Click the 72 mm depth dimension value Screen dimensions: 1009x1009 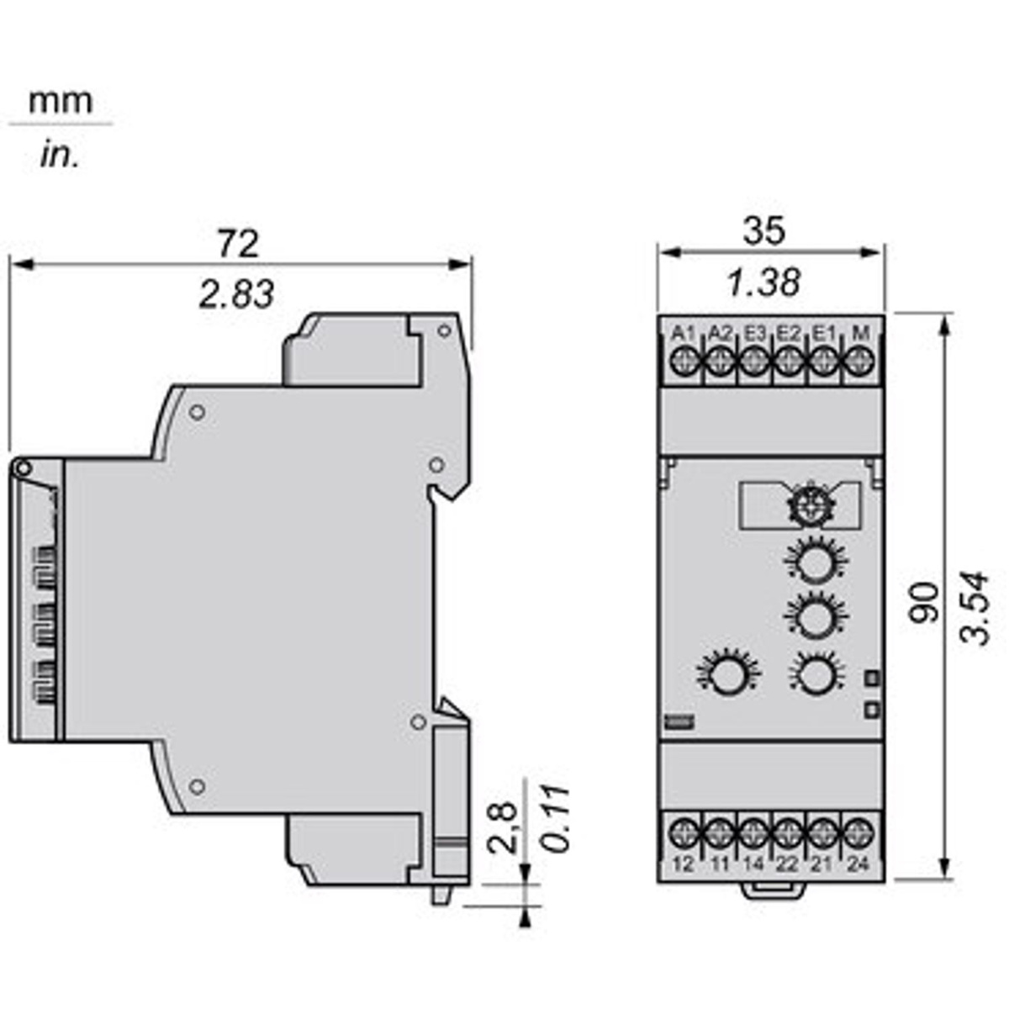click(239, 244)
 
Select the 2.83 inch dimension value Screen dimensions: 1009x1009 click(236, 293)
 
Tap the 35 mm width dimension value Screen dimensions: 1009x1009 click(764, 230)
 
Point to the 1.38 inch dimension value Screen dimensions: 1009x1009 click(764, 283)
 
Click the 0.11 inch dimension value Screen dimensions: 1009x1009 click(556, 818)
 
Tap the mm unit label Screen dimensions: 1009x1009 click(61, 102)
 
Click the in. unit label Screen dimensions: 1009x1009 click(59, 156)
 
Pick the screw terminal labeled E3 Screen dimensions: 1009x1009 click(754, 361)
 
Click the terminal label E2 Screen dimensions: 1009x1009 click(789, 332)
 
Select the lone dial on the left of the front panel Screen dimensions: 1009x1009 click(728, 674)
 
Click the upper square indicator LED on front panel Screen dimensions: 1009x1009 click(872, 679)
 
